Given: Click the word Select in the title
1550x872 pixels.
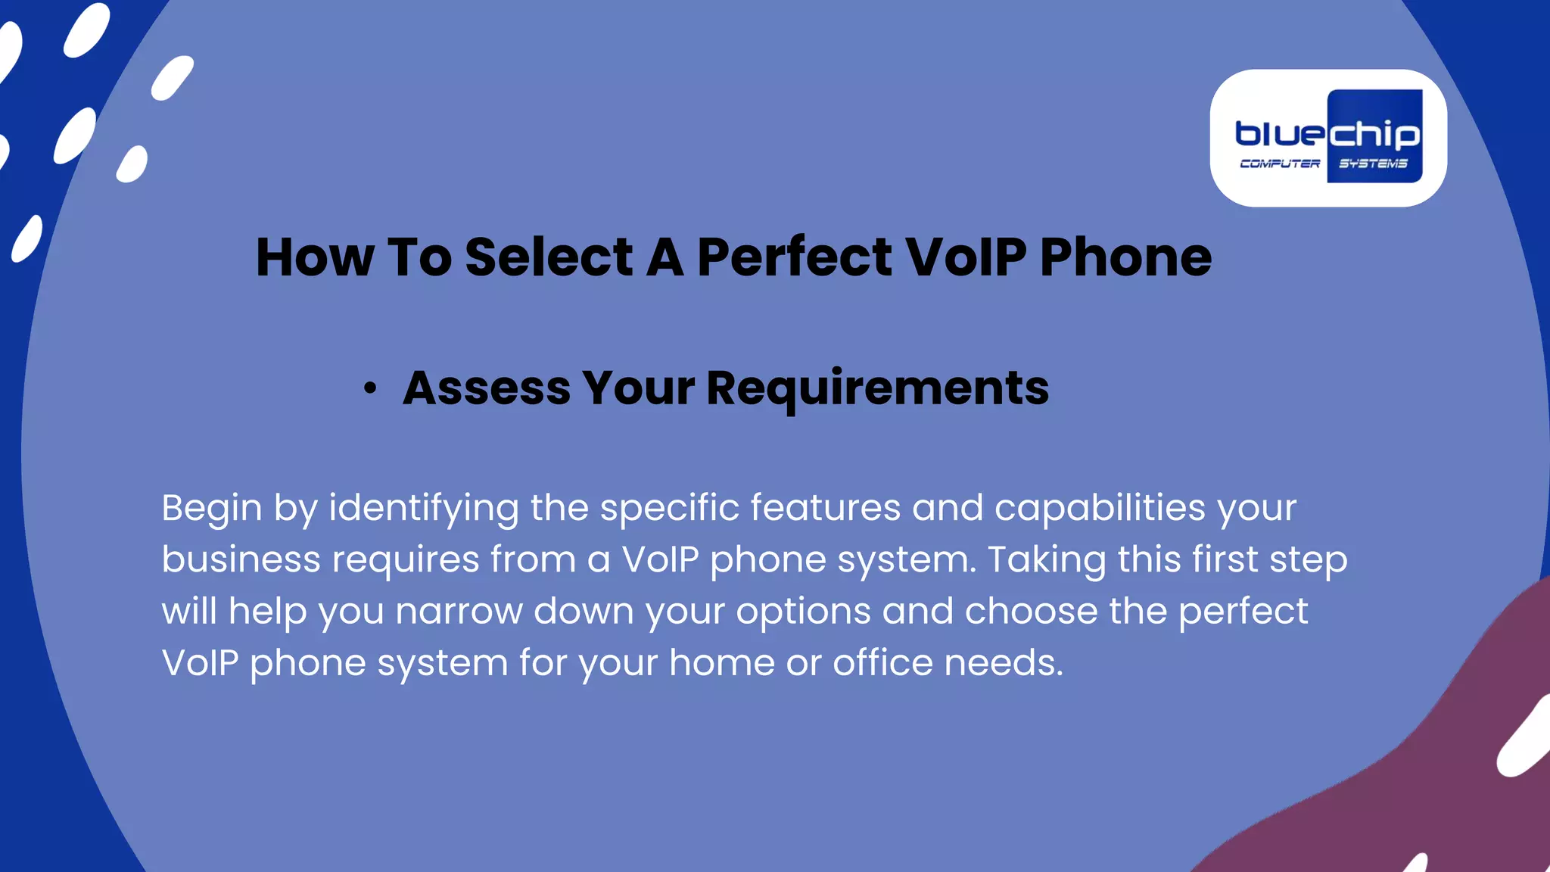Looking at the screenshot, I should click(549, 257).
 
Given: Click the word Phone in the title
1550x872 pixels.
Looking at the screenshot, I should click(1125, 257).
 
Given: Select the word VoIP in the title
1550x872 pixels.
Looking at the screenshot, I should click(966, 257).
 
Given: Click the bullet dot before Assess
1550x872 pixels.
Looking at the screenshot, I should click(369, 389).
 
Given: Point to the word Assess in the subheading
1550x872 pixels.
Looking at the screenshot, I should click(486, 388).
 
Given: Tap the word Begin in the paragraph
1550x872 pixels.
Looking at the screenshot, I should click(211, 509).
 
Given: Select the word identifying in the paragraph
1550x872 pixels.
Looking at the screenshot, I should click(423, 509).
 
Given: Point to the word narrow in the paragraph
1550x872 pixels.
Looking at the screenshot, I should click(459, 612).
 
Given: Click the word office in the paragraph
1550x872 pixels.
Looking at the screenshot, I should click(882, 663).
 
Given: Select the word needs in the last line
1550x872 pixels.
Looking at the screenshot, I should click(1004, 663).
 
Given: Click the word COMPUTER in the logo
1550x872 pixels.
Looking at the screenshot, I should click(1279, 163).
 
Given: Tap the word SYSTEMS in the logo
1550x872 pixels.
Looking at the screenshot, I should click(1373, 163).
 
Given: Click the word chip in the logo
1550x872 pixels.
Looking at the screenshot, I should click(1374, 135).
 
